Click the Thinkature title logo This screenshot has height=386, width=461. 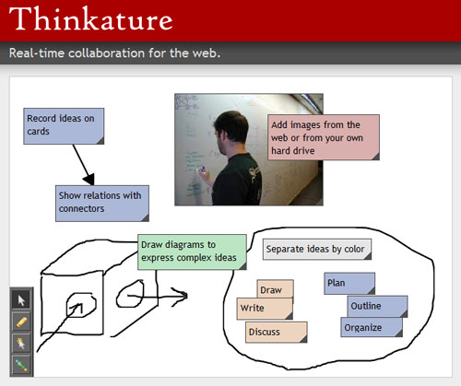click(x=91, y=19)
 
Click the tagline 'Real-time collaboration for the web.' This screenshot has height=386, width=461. click(x=114, y=53)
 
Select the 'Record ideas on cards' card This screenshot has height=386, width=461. click(x=64, y=126)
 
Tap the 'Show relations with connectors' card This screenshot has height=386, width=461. click(x=102, y=204)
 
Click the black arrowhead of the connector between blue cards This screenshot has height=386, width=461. click(x=89, y=179)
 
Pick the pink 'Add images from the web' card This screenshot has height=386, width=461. click(x=324, y=137)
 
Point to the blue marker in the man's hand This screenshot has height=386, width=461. click(x=203, y=169)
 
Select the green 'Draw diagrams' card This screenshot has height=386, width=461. click(x=192, y=252)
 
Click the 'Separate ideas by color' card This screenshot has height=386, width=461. click(x=317, y=250)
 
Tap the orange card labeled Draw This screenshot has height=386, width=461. click(x=275, y=288)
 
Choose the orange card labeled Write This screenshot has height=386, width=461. click(x=265, y=309)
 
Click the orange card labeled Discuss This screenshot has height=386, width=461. click(x=277, y=332)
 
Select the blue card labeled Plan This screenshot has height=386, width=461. click(x=349, y=284)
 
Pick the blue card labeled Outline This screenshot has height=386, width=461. click(x=377, y=306)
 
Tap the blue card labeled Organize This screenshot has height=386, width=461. click(x=372, y=327)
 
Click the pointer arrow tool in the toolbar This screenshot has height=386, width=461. click(x=21, y=300)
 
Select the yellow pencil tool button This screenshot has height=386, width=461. click(x=21, y=322)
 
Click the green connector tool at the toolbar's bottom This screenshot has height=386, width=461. click(x=21, y=365)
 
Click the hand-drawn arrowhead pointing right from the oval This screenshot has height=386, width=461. click(x=181, y=296)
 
